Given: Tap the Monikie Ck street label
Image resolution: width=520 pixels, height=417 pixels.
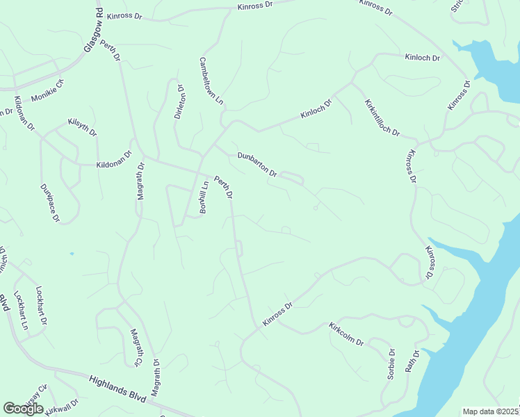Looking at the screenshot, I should tap(47, 90).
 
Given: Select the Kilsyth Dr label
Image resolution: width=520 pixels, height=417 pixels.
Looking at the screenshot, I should tap(82, 127).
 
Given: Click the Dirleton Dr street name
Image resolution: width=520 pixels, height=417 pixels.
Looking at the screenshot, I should tap(179, 103).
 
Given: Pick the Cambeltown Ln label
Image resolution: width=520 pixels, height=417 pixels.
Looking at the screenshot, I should tap(211, 81).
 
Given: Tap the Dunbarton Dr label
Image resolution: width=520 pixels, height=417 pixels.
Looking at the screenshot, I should tap(257, 163).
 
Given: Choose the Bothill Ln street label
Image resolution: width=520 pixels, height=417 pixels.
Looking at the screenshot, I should tap(204, 197).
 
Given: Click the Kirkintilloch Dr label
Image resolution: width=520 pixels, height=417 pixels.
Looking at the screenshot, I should tap(382, 117).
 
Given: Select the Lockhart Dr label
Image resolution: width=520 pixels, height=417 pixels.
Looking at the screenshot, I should tap(41, 306).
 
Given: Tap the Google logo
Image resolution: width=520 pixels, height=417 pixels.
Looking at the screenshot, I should tap(24, 409).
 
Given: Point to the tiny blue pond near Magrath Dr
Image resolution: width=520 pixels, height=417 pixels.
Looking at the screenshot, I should tap(72, 254).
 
